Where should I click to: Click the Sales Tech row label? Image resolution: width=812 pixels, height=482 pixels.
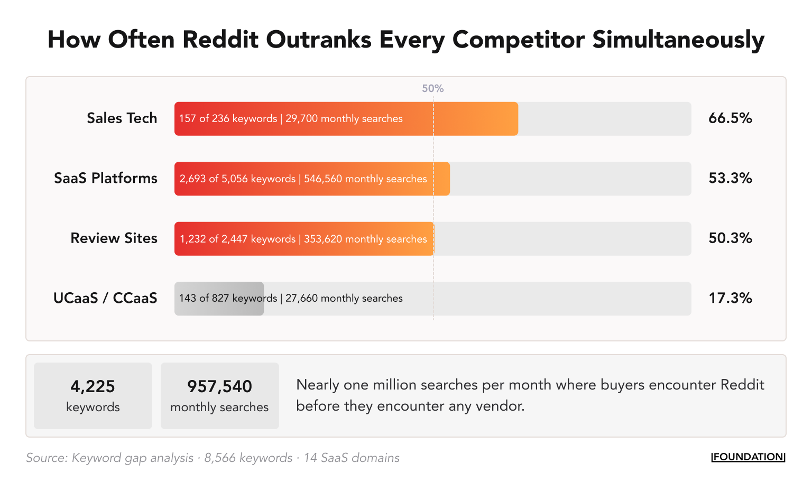pyautogui.click(x=122, y=118)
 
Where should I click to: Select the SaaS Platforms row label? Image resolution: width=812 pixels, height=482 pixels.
pyautogui.click(x=106, y=178)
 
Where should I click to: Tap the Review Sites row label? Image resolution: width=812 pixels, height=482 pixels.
pyautogui.click(x=114, y=238)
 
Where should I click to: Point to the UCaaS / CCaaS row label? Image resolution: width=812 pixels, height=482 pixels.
pyautogui.click(x=105, y=299)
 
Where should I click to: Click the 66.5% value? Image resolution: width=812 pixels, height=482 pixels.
pyautogui.click(x=730, y=118)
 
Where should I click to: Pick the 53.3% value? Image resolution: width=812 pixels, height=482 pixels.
pyautogui.click(x=730, y=178)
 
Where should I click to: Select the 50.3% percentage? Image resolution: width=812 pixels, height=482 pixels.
pyautogui.click(x=730, y=238)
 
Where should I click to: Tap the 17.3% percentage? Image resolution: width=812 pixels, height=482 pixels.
pyautogui.click(x=730, y=299)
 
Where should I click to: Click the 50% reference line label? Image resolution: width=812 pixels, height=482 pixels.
pyautogui.click(x=432, y=89)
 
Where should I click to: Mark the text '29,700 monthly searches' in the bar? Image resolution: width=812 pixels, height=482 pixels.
pyautogui.click(x=344, y=119)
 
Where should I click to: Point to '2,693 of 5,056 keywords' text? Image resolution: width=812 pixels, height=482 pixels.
pyautogui.click(x=237, y=179)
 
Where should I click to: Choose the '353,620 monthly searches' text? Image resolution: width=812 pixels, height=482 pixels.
pyautogui.click(x=365, y=239)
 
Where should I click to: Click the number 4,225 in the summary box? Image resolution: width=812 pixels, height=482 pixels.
pyautogui.click(x=93, y=386)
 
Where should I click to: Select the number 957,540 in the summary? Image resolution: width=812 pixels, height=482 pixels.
pyautogui.click(x=219, y=386)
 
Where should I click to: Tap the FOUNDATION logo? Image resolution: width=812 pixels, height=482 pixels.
pyautogui.click(x=748, y=457)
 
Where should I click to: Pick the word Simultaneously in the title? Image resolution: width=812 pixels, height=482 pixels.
pyautogui.click(x=678, y=40)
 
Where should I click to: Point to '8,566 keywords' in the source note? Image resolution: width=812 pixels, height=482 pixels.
pyautogui.click(x=248, y=458)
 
